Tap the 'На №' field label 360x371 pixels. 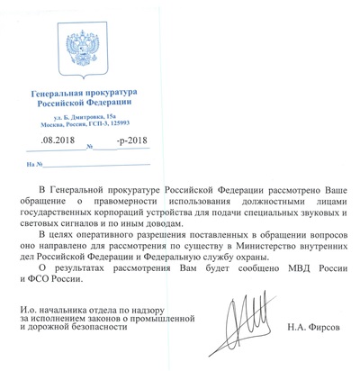(34, 165)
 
